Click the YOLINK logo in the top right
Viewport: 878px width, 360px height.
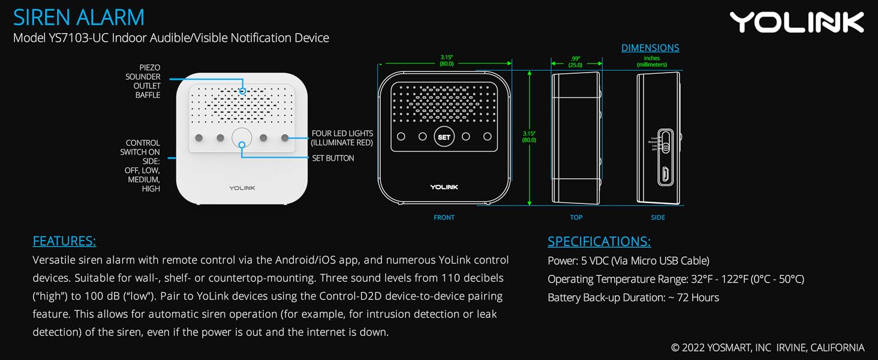pyautogui.click(x=796, y=22)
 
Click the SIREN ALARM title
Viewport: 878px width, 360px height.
pyautogui.click(x=79, y=17)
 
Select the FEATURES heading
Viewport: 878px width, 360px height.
pyautogui.click(x=64, y=241)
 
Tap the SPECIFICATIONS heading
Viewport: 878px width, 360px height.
pyautogui.click(x=599, y=241)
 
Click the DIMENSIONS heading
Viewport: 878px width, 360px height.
pyautogui.click(x=650, y=48)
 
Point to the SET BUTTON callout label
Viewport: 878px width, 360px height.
pyautogui.click(x=333, y=158)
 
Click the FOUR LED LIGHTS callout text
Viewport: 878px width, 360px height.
pyautogui.click(x=342, y=138)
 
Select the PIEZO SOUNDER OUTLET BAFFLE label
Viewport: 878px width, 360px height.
pyautogui.click(x=143, y=81)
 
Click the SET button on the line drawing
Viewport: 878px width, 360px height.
pyautogui.click(x=444, y=137)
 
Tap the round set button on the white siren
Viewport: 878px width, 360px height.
pyautogui.click(x=242, y=138)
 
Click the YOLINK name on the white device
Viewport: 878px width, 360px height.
pyautogui.click(x=242, y=188)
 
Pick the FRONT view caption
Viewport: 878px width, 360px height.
pyautogui.click(x=444, y=217)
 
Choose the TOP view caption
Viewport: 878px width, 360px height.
pyautogui.click(x=576, y=217)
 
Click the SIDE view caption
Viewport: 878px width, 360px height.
pyautogui.click(x=658, y=217)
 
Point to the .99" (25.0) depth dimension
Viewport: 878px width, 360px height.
pyautogui.click(x=576, y=61)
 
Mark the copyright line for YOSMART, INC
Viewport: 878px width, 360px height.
pyautogui.click(x=768, y=347)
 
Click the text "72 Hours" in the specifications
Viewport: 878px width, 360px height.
pyautogui.click(x=697, y=298)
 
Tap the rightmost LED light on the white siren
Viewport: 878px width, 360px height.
pyautogui.click(x=285, y=138)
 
